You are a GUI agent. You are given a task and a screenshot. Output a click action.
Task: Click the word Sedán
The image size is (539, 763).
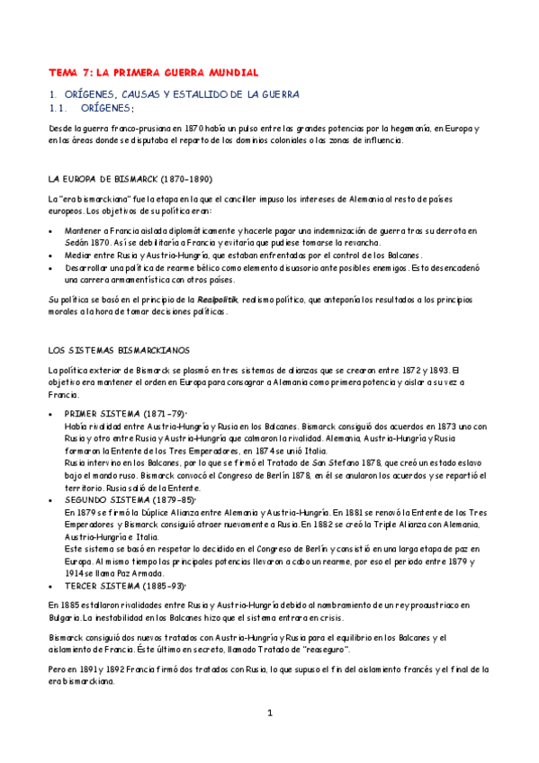point(77,243)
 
